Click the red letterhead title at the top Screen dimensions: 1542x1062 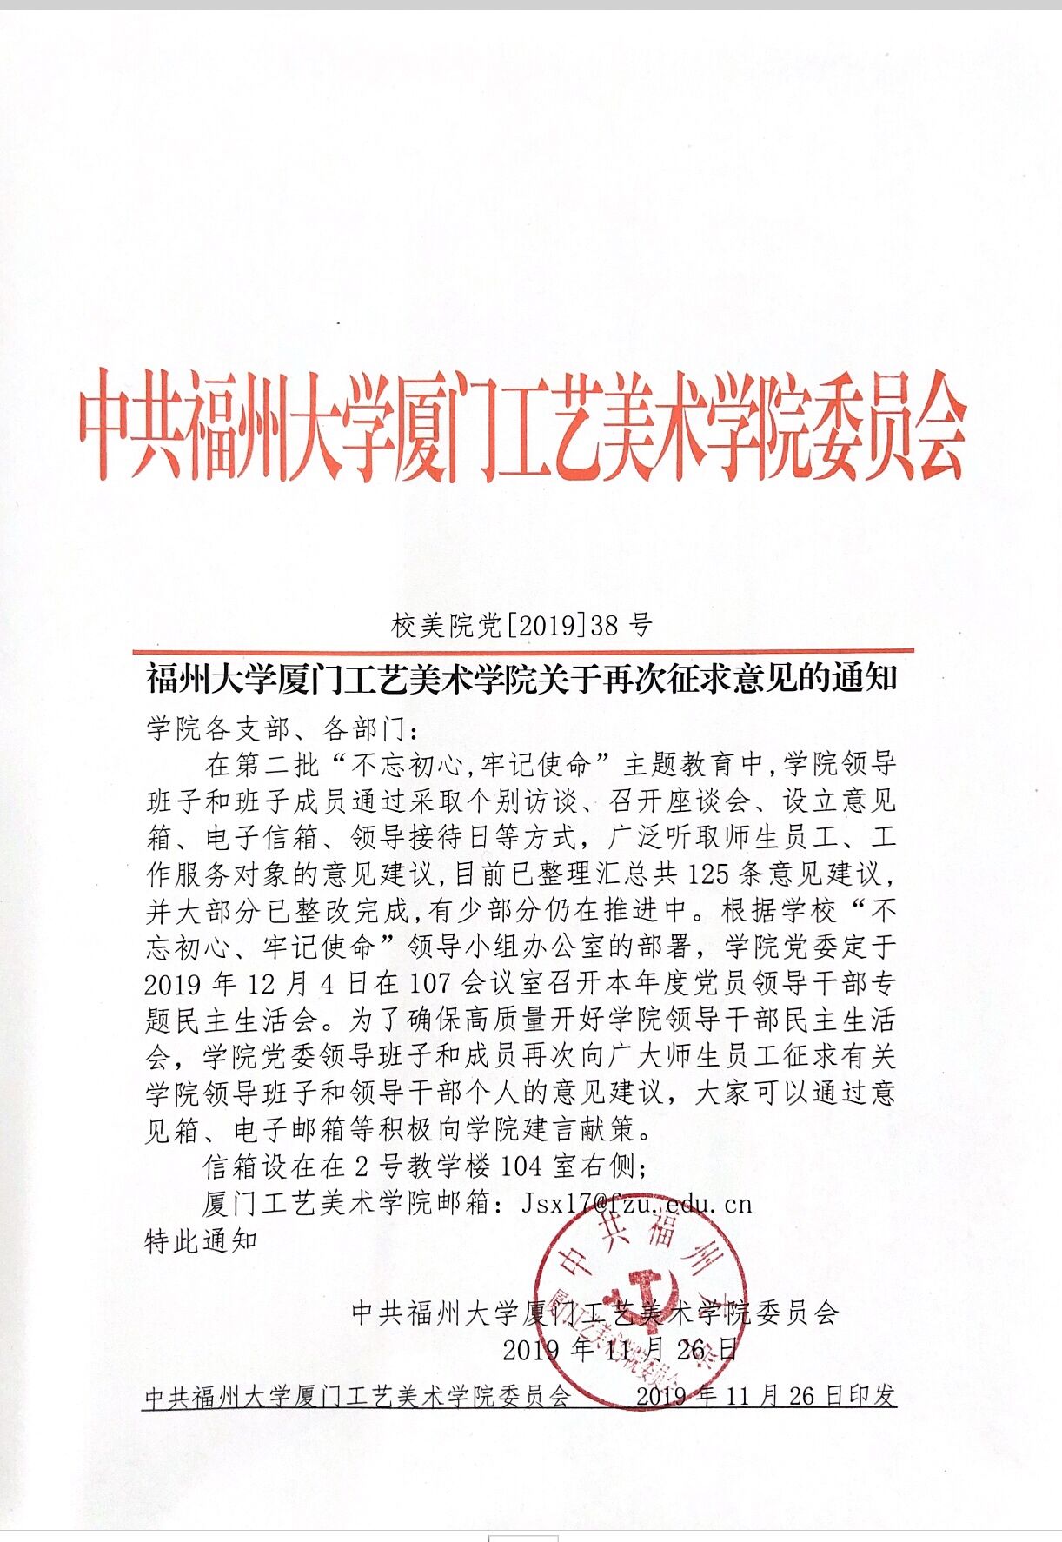[x=522, y=428]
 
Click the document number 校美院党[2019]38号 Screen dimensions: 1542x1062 [x=521, y=625]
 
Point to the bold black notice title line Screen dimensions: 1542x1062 [x=521, y=679]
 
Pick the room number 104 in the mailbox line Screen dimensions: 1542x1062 [x=521, y=1166]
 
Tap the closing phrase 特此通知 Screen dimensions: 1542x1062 [x=201, y=1240]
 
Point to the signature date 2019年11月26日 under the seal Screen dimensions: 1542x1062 [x=621, y=1349]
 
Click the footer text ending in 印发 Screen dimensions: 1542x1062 [x=765, y=1396]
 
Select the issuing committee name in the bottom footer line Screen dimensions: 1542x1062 [x=357, y=1397]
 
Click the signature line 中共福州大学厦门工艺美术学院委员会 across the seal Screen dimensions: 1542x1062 [x=594, y=1313]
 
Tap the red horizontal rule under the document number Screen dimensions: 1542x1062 [x=522, y=650]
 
